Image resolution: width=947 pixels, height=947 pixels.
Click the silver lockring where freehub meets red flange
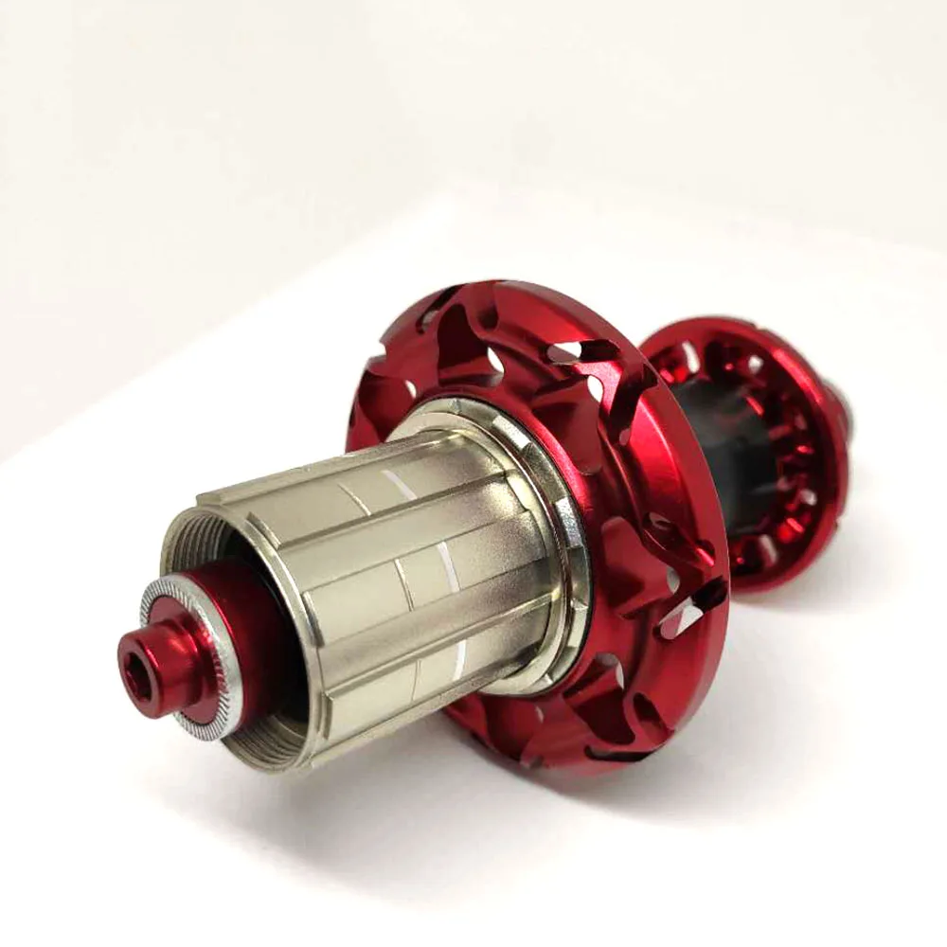(x=559, y=530)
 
